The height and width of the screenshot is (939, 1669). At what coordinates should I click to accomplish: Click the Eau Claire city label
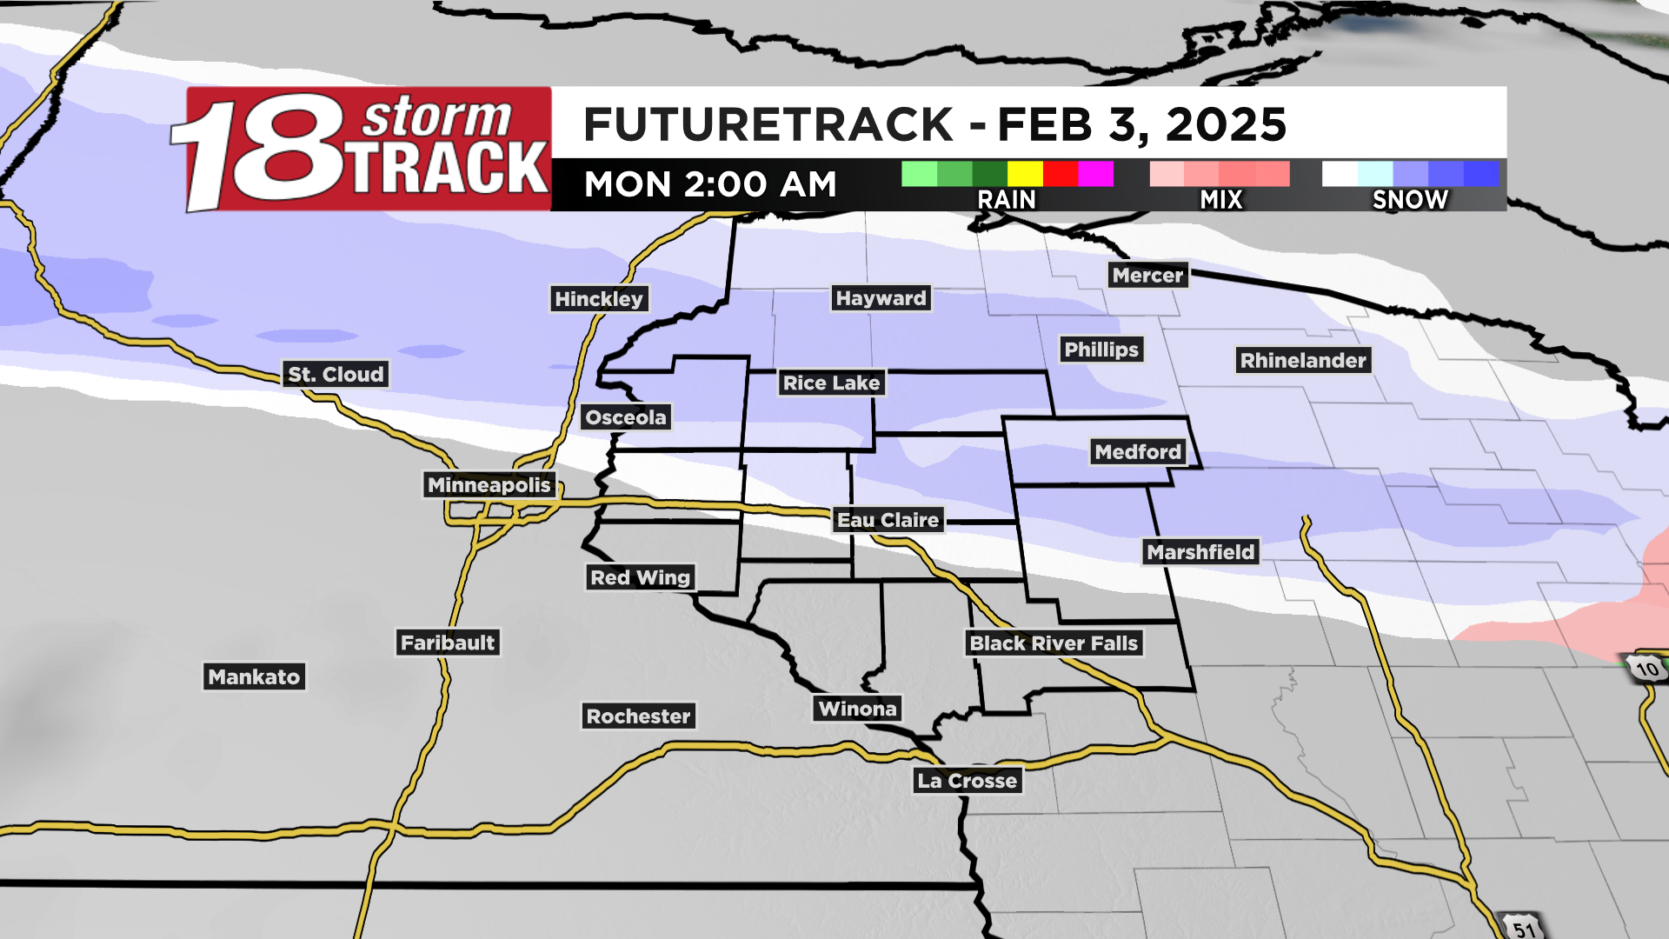click(888, 520)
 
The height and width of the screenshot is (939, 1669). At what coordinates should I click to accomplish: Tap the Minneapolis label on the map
click(489, 485)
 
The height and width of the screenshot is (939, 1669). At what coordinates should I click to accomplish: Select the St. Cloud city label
click(336, 375)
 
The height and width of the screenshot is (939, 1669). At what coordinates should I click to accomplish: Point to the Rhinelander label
click(1303, 361)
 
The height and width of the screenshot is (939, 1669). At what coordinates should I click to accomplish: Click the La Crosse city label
click(967, 781)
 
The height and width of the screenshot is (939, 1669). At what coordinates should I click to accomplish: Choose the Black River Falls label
click(1053, 643)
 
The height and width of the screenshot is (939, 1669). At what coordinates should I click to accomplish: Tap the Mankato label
click(254, 677)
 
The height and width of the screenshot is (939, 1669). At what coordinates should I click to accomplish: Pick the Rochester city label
click(638, 716)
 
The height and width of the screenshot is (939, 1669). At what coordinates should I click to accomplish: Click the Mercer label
click(1147, 276)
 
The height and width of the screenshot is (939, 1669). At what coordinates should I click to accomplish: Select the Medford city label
click(1138, 452)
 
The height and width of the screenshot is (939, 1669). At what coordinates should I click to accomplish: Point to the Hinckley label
click(599, 299)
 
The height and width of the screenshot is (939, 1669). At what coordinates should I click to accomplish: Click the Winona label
click(857, 709)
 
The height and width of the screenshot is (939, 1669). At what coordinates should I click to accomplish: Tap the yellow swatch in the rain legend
click(1025, 174)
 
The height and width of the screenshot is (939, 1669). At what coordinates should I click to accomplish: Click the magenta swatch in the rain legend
click(1095, 174)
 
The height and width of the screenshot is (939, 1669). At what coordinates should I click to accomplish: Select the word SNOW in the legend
click(1410, 200)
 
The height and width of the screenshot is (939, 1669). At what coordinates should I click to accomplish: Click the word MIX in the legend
click(1221, 200)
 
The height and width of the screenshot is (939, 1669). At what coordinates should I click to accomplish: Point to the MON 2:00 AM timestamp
click(710, 184)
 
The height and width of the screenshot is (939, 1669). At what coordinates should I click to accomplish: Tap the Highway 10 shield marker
click(1646, 669)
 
